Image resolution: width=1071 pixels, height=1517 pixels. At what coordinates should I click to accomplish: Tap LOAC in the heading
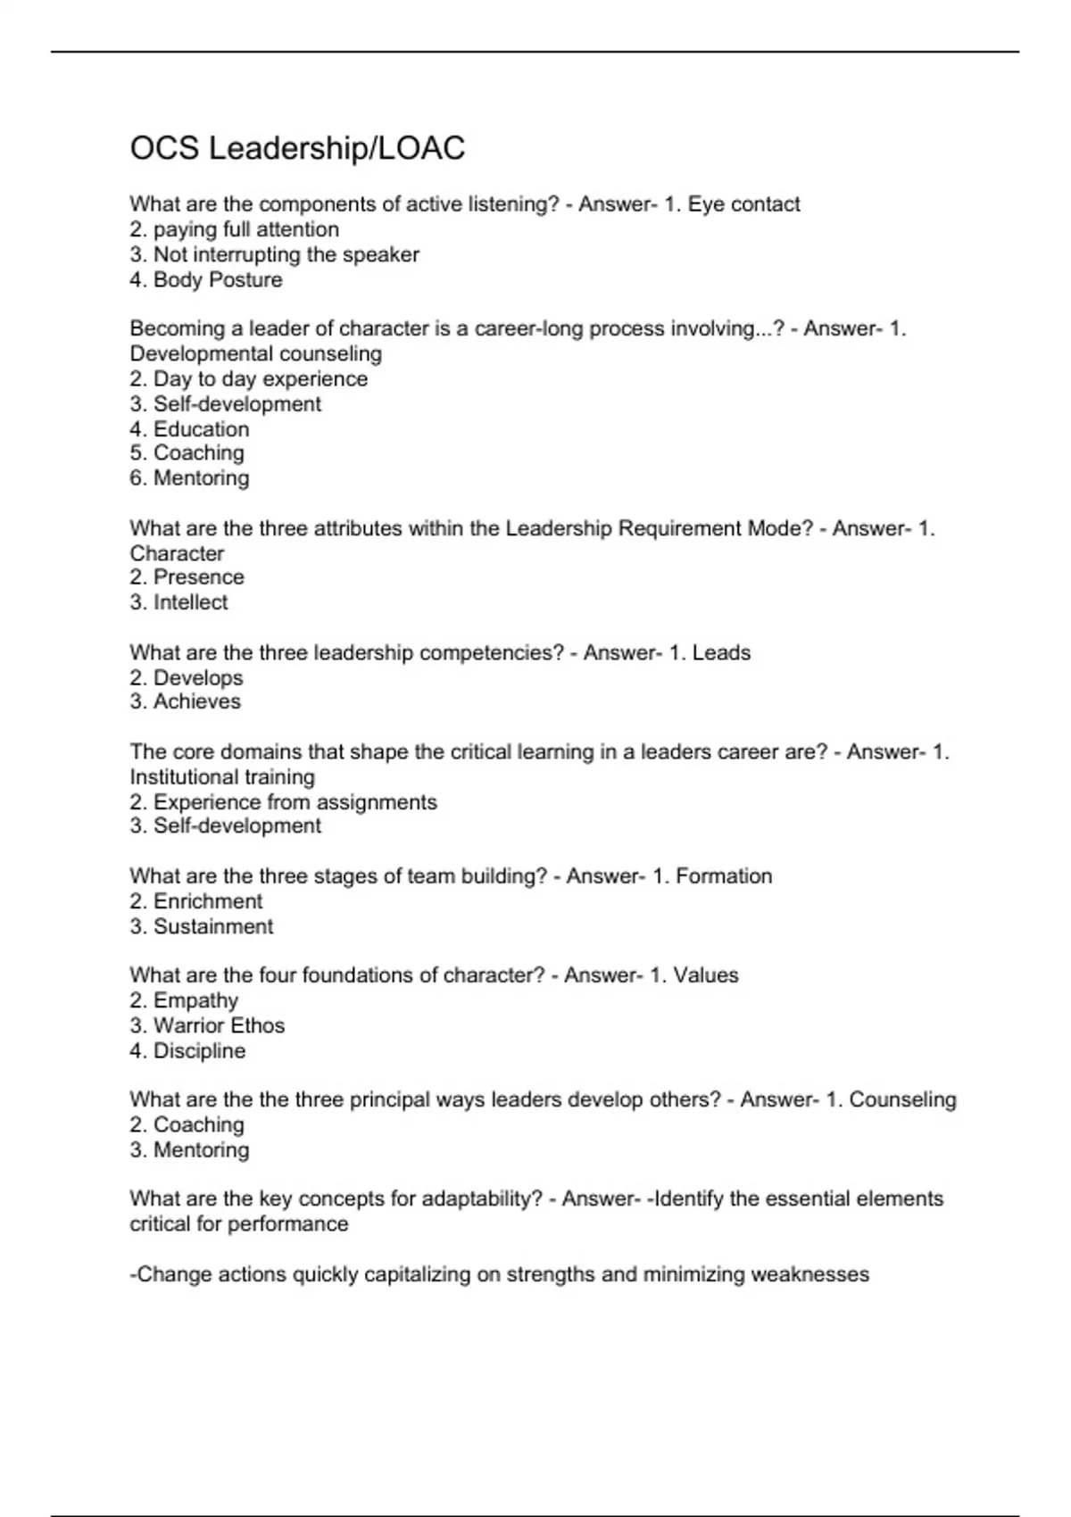tap(421, 148)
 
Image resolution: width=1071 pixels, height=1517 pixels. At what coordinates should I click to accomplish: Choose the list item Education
tap(201, 429)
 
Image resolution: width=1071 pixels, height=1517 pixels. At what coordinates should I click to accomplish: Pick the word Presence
tap(198, 577)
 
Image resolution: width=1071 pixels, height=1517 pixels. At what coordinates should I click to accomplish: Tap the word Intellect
tap(190, 602)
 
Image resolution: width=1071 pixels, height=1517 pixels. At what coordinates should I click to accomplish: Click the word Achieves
tap(196, 701)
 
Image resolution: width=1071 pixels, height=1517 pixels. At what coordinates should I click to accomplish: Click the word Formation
tap(724, 876)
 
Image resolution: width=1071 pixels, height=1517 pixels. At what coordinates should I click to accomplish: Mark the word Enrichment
tap(208, 901)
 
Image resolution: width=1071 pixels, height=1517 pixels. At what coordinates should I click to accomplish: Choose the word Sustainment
tap(213, 926)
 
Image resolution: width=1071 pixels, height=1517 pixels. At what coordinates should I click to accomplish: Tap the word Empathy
tap(195, 1001)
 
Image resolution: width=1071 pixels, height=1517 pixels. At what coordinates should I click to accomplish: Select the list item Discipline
tap(199, 1051)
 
